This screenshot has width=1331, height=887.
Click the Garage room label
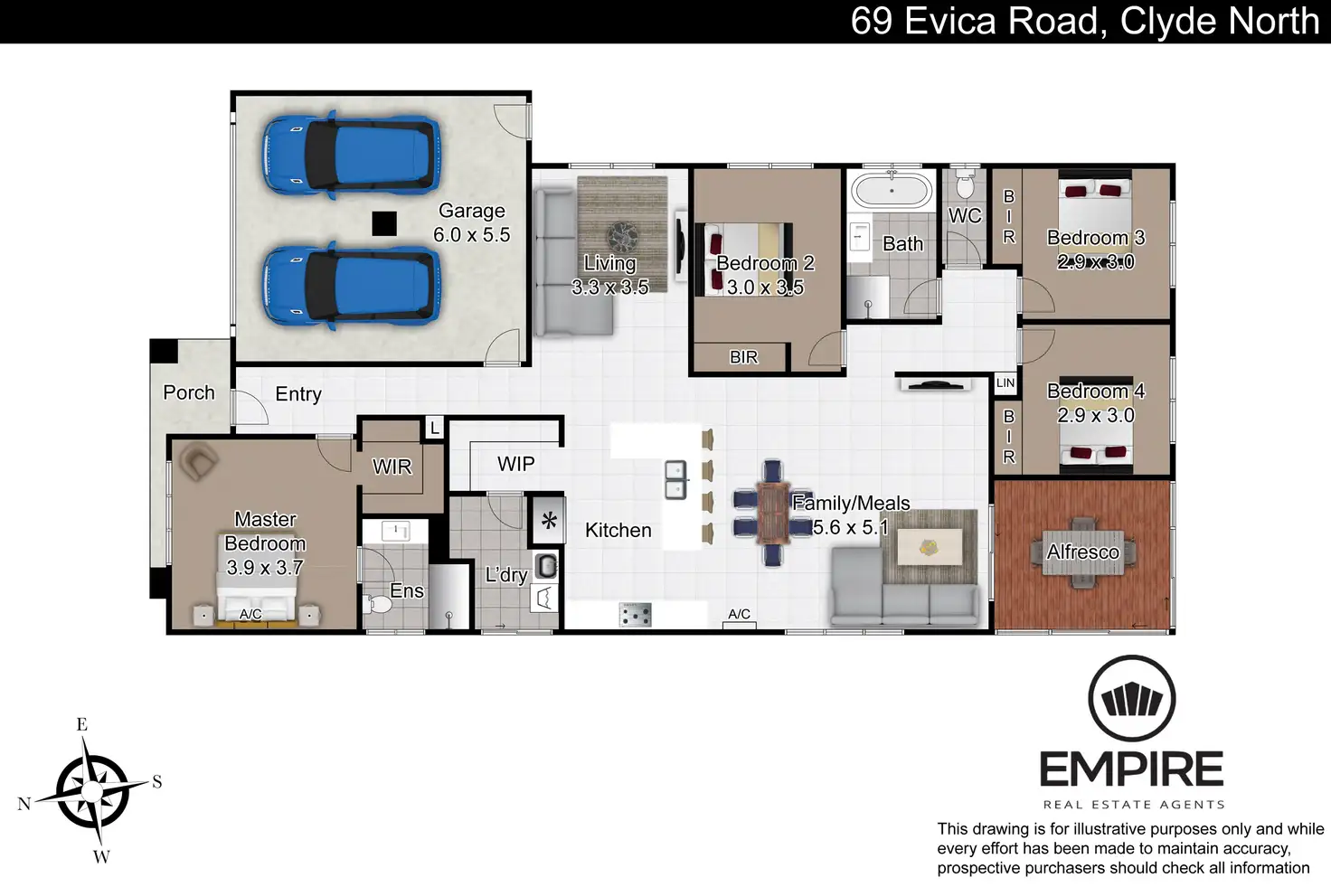[472, 211]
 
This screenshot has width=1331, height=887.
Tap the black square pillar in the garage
[384, 224]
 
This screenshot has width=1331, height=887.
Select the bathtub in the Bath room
[892, 191]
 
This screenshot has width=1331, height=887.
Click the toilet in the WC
[965, 184]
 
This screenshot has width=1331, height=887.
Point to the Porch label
[189, 392]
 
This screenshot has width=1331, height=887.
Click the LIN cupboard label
[1005, 383]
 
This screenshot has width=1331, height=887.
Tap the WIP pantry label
[515, 464]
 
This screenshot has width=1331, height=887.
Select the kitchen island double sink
[675, 479]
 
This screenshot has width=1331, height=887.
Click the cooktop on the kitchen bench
[635, 615]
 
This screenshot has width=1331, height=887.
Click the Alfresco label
[1082, 552]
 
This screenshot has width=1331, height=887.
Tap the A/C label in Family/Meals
[739, 614]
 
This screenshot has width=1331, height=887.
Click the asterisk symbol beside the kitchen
[549, 521]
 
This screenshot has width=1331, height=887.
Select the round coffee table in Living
[622, 236]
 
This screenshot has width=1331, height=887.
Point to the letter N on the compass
[24, 804]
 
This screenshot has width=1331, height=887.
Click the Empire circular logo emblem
[1132, 699]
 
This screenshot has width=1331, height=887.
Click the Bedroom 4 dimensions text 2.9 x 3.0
[1096, 415]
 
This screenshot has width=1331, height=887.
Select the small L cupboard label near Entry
[435, 428]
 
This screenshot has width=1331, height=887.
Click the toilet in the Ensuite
[378, 604]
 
